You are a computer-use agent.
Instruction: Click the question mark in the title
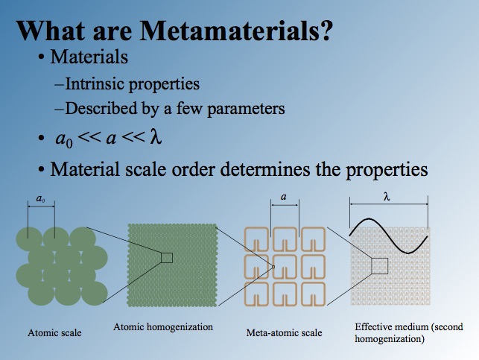(325, 31)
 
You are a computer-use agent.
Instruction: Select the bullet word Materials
(89, 57)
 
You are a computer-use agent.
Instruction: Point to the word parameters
(246, 109)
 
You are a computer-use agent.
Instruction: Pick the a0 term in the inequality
(64, 139)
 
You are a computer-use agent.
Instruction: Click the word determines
(265, 169)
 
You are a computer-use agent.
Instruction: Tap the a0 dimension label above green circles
(41, 199)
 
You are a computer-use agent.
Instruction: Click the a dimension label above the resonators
(284, 197)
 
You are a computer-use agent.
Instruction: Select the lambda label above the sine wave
(387, 197)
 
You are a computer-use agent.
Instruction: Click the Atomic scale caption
(54, 333)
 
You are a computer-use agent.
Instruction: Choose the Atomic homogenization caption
(163, 327)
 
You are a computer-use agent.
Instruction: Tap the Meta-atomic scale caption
(284, 332)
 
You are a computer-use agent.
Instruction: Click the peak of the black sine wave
(369, 219)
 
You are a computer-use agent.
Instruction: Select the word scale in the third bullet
(145, 169)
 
